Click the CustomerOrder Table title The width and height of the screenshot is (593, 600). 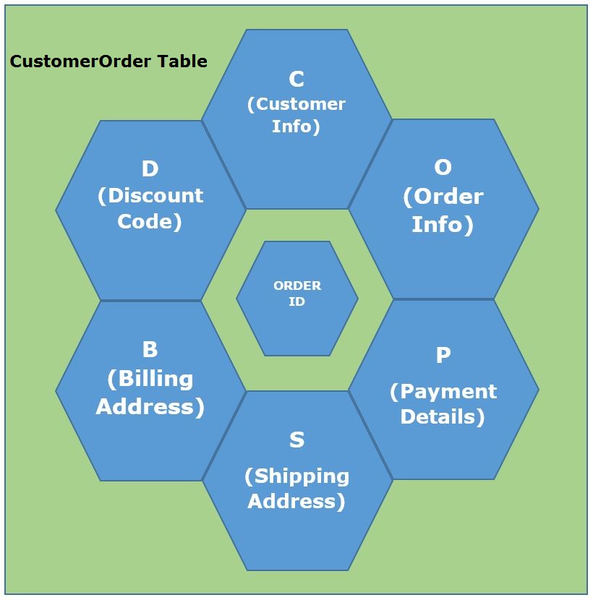click(x=108, y=61)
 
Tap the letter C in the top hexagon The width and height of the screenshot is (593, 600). click(x=296, y=79)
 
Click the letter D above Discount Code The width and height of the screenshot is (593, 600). click(x=150, y=168)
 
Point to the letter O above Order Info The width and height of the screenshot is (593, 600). click(x=443, y=168)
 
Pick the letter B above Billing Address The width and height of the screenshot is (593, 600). click(x=150, y=349)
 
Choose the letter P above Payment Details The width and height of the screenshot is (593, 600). click(x=443, y=355)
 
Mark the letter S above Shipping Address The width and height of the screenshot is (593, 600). click(x=296, y=440)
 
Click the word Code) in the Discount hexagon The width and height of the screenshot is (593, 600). click(x=150, y=221)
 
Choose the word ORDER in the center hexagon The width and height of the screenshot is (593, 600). click(x=297, y=286)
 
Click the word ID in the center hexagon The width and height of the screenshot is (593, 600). click(x=297, y=301)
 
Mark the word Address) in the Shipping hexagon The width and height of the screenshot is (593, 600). click(x=296, y=502)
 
